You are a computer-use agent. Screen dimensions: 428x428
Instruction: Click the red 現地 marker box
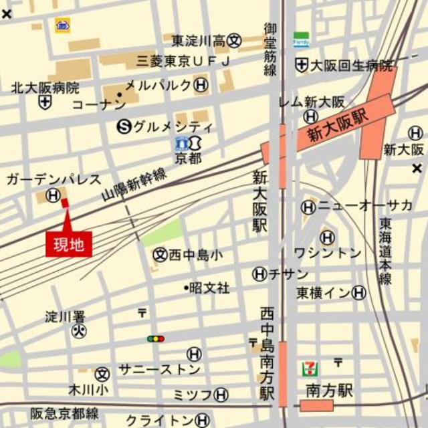coord(68,244)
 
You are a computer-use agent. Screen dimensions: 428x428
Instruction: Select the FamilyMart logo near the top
coord(301,39)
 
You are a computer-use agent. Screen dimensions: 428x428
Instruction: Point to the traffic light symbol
coord(156,339)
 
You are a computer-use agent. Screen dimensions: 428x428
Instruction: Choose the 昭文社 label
coord(209,288)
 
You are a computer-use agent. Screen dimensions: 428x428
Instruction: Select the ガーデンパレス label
coord(53,179)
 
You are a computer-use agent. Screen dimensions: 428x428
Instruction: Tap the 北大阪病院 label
coord(45,88)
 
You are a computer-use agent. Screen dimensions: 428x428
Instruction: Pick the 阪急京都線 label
coord(64,413)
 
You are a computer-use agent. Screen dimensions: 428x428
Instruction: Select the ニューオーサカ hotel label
coord(365,207)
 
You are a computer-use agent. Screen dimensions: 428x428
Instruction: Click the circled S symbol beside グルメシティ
coord(124,126)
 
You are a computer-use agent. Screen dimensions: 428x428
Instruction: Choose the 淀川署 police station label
coord(66,316)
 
